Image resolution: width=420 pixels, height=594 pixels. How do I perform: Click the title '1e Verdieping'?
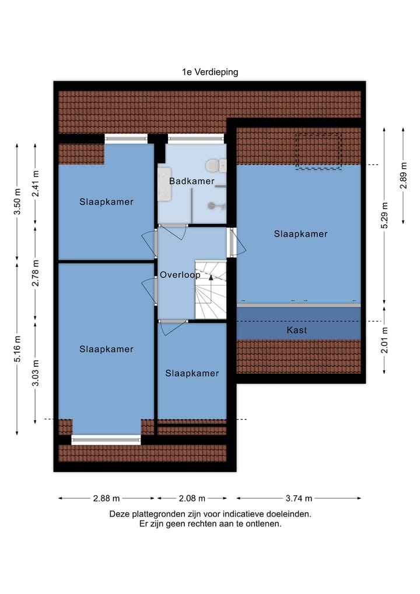(x=209, y=72)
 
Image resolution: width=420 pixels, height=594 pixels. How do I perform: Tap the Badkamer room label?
(x=192, y=181)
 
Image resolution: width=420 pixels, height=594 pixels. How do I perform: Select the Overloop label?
(x=180, y=275)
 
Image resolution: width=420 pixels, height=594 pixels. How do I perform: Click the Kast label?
(x=297, y=330)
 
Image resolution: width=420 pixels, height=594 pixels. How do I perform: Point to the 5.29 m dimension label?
(x=384, y=216)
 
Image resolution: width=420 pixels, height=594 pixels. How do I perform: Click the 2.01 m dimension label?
(x=384, y=340)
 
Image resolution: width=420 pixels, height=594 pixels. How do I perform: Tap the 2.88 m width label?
(x=106, y=498)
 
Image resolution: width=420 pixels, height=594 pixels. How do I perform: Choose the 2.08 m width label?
(x=191, y=498)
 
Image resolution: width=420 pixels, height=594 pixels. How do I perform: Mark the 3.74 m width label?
(x=298, y=498)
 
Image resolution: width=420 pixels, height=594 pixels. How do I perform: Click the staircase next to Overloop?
(x=210, y=290)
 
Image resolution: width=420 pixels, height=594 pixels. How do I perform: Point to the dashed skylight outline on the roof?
(x=318, y=151)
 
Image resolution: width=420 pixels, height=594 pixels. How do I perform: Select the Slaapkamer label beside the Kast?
(x=300, y=234)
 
